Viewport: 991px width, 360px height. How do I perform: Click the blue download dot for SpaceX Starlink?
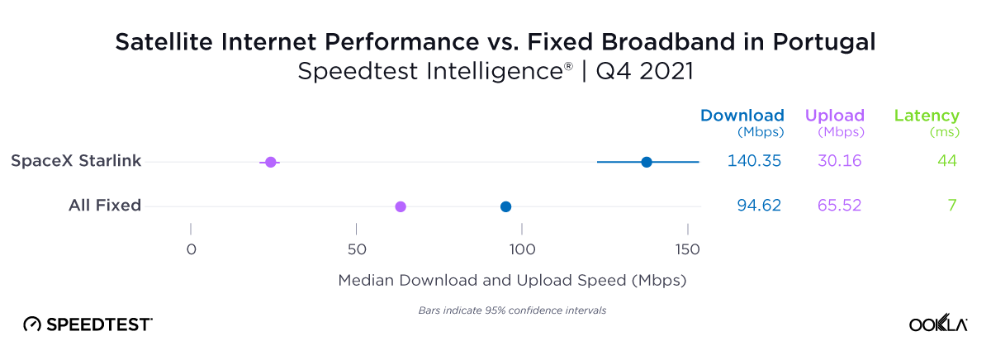647,162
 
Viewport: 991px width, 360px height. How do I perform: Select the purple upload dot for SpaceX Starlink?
270,162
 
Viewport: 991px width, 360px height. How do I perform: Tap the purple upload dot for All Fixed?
401,206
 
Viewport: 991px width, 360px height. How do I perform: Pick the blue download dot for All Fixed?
505,206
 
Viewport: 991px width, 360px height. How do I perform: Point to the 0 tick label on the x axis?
191,250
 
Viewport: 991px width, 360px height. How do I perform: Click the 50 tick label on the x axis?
356,250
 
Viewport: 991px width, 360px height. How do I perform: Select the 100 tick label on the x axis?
521,250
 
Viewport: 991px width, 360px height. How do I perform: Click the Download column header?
742,116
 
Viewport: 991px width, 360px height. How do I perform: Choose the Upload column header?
834,116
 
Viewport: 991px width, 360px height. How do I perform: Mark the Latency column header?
927,116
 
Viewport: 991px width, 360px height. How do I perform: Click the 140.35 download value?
754,161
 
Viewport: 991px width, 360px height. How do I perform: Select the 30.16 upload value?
839,161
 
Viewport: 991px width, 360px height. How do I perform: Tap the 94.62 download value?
758,206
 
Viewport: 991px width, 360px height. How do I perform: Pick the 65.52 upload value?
839,206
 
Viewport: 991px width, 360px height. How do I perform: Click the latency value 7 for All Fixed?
951,206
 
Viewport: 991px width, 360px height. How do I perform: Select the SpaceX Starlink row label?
76,161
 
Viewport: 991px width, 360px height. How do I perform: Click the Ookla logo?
938,324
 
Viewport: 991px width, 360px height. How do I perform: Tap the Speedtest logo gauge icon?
31,324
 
